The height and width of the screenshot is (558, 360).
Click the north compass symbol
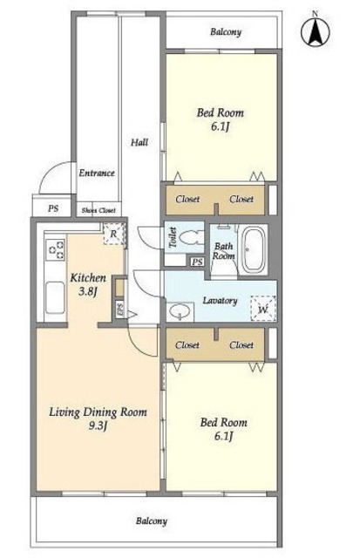coord(316,31)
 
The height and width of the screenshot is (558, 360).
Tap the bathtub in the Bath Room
coord(253,249)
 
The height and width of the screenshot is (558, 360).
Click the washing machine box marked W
coord(263,309)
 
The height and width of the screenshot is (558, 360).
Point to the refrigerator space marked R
coord(114,234)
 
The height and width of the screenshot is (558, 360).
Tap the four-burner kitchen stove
coord(56,249)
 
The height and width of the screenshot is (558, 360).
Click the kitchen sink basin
coord(55,297)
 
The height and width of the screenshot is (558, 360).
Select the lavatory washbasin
coord(180,312)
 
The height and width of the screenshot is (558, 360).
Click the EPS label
coord(119,309)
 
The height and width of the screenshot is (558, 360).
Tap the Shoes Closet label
coord(98,210)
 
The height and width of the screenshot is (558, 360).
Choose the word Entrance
coord(97,174)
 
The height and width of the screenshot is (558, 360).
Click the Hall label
coord(139,143)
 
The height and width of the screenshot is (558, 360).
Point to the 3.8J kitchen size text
coord(88,292)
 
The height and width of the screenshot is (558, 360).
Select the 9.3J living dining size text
coord(98,425)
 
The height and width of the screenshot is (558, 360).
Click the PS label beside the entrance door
coord(53,208)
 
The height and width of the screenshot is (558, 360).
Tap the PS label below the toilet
coord(197,262)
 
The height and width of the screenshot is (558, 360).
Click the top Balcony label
coord(226,32)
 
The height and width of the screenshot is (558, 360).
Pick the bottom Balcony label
coord(151,521)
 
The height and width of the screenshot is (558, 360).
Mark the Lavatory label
coord(220,301)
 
